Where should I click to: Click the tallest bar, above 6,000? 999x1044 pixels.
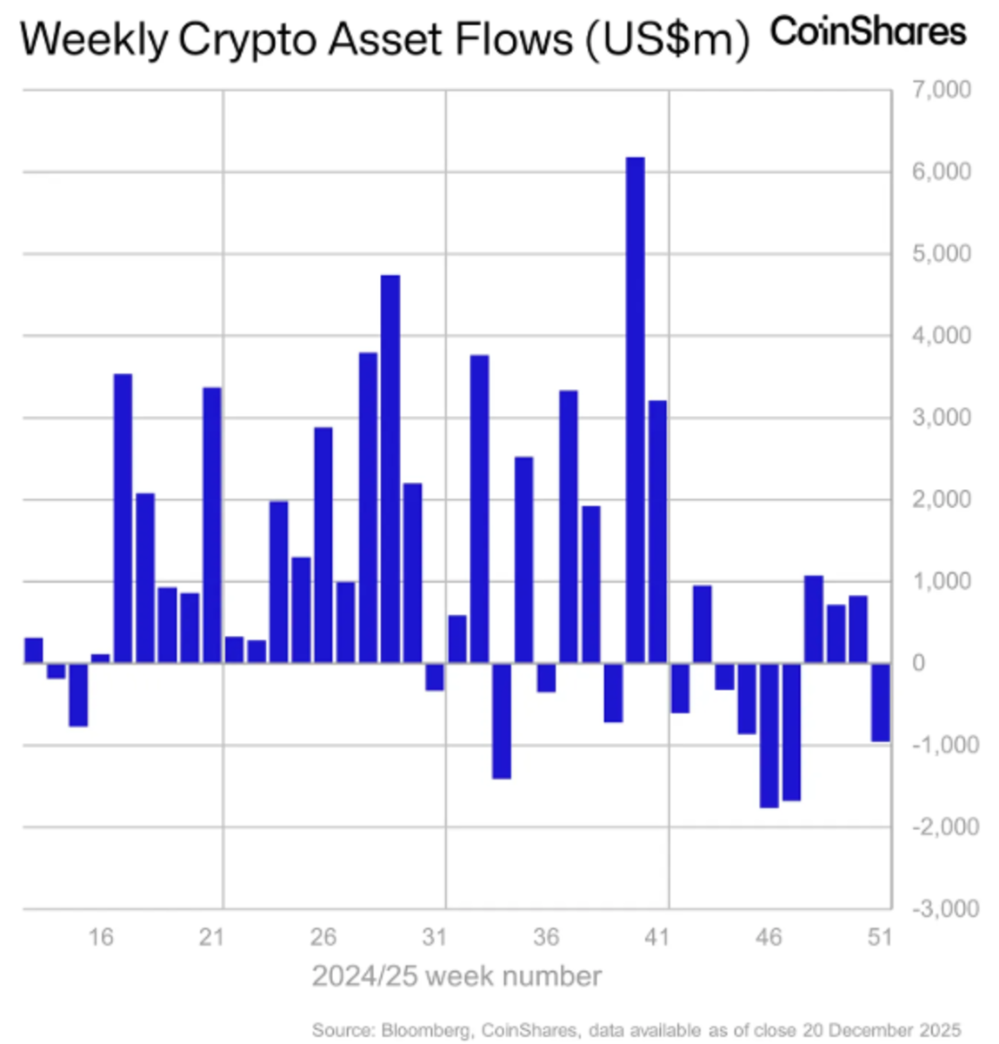[636, 409]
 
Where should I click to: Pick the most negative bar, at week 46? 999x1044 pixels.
[769, 734]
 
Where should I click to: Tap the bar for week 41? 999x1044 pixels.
[658, 531]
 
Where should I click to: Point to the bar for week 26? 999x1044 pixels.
[323, 545]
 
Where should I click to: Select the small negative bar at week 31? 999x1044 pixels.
[435, 676]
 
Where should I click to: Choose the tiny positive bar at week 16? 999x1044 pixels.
[101, 659]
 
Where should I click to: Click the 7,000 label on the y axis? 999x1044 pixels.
[942, 90]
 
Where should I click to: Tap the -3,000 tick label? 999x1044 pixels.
[945, 908]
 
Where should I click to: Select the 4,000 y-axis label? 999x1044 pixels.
[942, 336]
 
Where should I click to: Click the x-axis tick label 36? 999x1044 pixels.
[546, 937]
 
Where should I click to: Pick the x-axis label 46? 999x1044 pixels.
[769, 937]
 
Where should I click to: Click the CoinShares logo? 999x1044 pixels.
[868, 32]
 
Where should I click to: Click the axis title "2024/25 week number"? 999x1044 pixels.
[456, 976]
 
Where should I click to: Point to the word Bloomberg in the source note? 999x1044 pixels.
[427, 1030]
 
